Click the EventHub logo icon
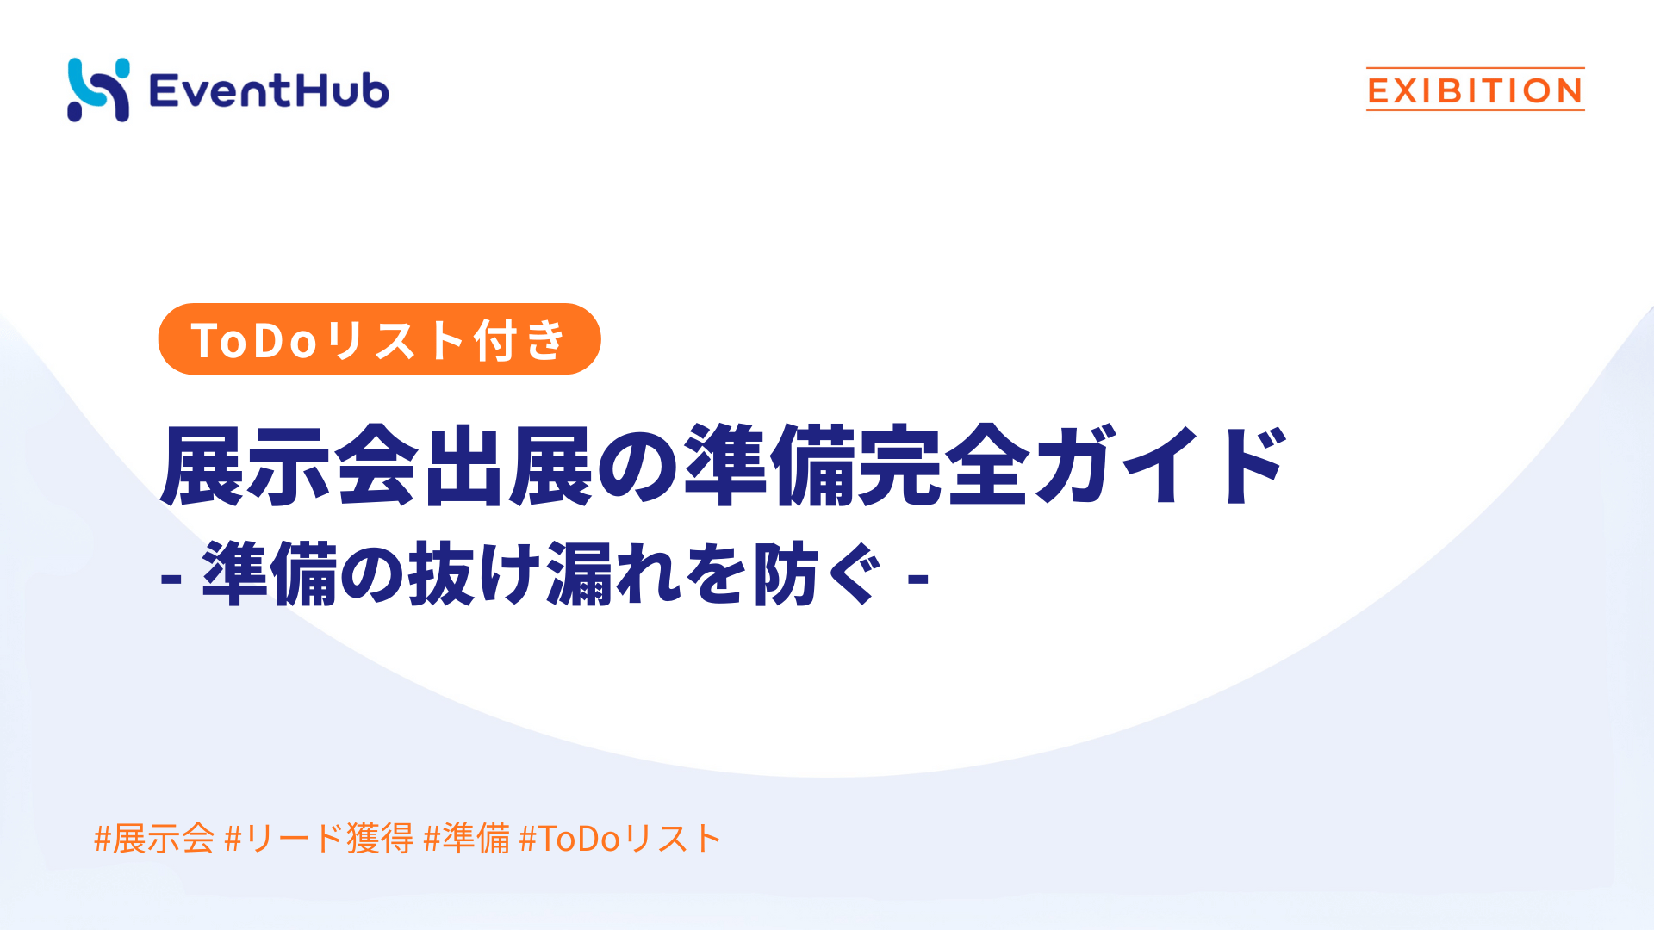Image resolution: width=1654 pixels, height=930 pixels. pyautogui.click(x=98, y=90)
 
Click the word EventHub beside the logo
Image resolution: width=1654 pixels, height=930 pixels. pyautogui.click(x=269, y=90)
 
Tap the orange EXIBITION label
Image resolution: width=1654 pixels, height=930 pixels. pyautogui.click(x=1475, y=90)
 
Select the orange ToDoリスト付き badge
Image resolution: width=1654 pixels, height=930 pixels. pyautogui.click(x=379, y=339)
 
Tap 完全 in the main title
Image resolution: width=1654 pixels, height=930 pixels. pyautogui.click(x=943, y=465)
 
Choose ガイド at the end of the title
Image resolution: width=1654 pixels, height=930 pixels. pyautogui.click(x=1159, y=465)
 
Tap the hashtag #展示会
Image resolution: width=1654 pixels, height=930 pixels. pyautogui.click(x=154, y=838)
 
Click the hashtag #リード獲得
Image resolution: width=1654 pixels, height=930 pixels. pyautogui.click(x=319, y=838)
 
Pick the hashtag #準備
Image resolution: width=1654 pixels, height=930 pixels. pyautogui.click(x=467, y=838)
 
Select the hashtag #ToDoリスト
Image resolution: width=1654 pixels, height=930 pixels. pyautogui.click(x=620, y=838)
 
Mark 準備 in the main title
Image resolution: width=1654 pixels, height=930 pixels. pyautogui.click(x=769, y=465)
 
